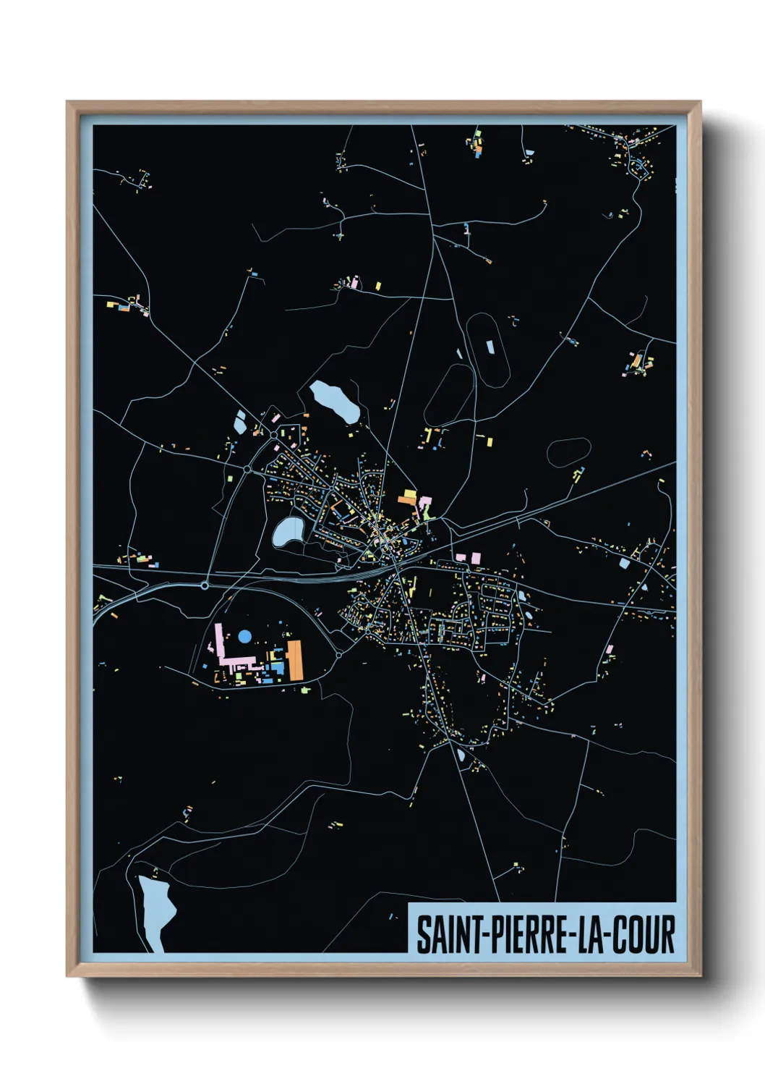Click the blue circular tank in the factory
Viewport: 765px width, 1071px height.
pos(245,636)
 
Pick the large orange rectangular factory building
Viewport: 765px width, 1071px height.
pos(295,659)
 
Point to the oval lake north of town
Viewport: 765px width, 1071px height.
pos(335,402)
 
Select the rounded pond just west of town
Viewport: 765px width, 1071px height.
pos(288,532)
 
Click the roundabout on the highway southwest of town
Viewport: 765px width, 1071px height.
pos(205,585)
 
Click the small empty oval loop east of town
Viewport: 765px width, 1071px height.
pos(568,452)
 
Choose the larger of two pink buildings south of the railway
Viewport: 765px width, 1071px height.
pos(475,558)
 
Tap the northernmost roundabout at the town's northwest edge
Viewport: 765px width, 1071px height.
pos(273,434)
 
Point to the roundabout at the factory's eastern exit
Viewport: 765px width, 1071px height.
pos(338,655)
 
